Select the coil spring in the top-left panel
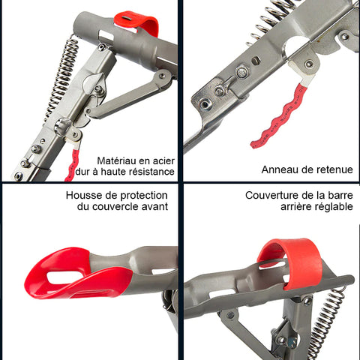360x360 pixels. coord(61,77)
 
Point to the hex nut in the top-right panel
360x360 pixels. coord(242,72)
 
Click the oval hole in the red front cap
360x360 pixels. coord(64,277)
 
